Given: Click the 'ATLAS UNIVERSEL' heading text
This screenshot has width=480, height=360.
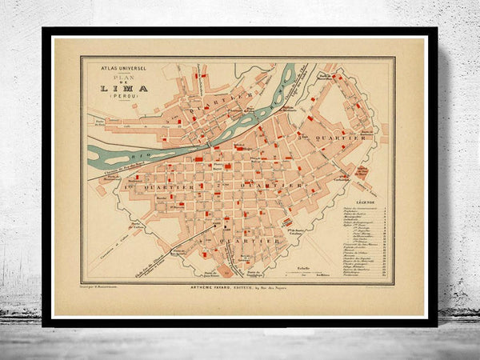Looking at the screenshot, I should click(x=117, y=70).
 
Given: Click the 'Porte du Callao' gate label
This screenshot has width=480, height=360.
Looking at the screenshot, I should click(x=138, y=225).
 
